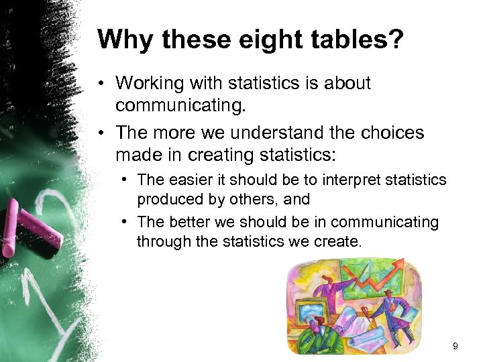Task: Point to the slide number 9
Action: point(455,347)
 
